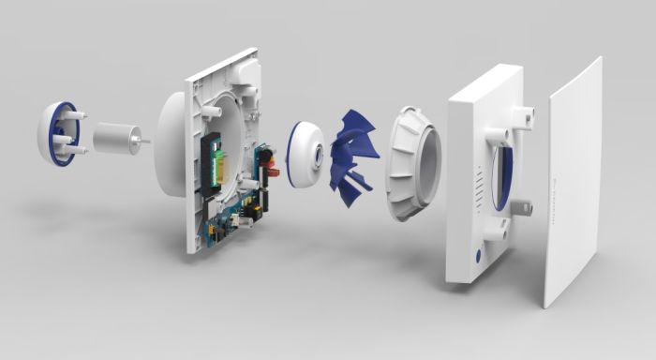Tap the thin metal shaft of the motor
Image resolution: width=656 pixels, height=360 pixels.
click(142, 142)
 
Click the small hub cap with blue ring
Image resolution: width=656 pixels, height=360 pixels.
click(304, 154)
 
